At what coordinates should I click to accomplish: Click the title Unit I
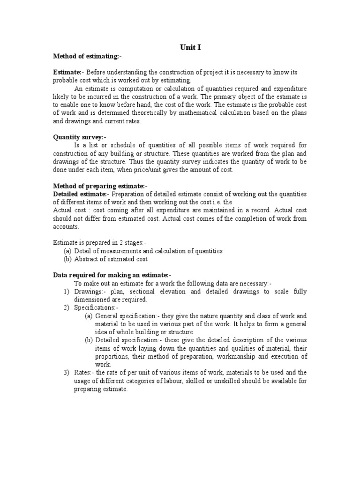190,47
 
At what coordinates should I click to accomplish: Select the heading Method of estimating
87,56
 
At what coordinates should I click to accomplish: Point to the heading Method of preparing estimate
100,186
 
